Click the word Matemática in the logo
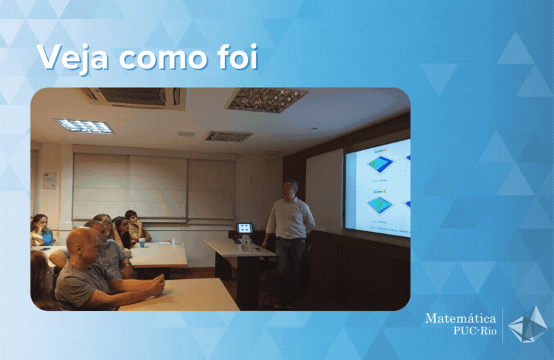pyautogui.click(x=461, y=318)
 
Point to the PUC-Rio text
pyautogui.click(x=475, y=331)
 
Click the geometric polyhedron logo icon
pyautogui.click(x=528, y=325)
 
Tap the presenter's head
pyautogui.click(x=290, y=190)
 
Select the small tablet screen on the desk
pyautogui.click(x=244, y=228)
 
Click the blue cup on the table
pyautogui.click(x=142, y=242)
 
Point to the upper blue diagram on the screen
pyautogui.click(x=381, y=164)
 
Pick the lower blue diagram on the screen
pyautogui.click(x=380, y=205)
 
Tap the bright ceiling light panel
pyautogui.click(x=84, y=126)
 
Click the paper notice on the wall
pyautogui.click(x=50, y=180)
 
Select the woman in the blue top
pyautogui.click(x=42, y=231)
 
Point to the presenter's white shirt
pyautogui.click(x=290, y=218)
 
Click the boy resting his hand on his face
pyautogui.click(x=136, y=226)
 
